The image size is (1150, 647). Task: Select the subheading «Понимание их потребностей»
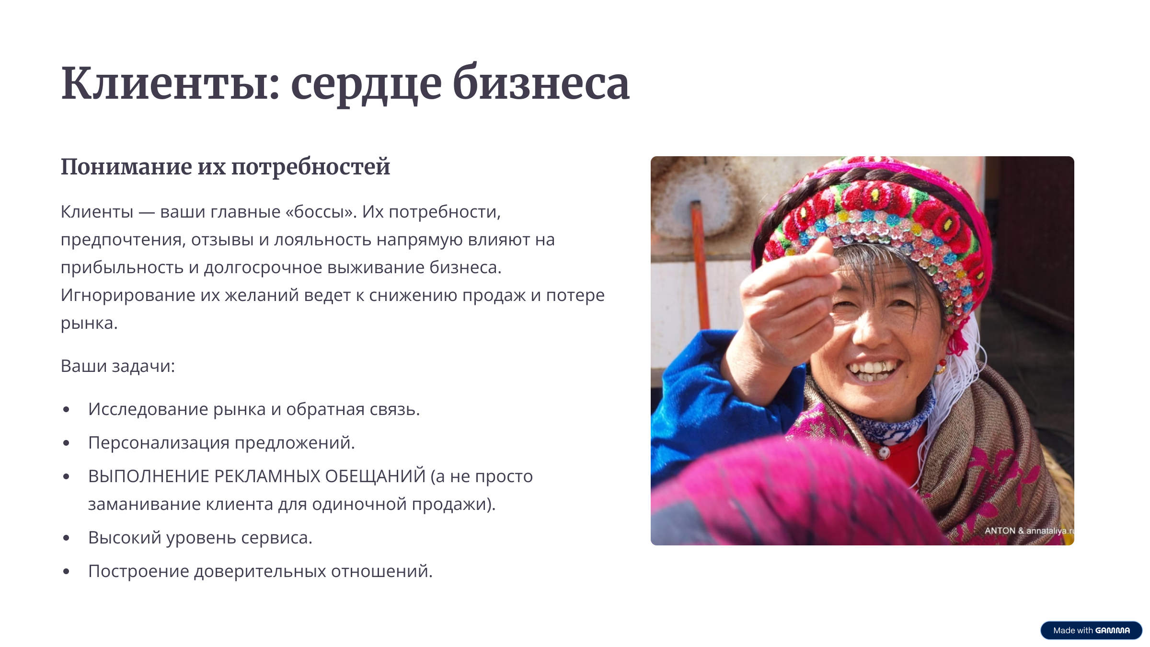(225, 167)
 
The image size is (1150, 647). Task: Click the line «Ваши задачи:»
(118, 366)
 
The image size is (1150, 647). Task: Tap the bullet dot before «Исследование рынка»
(66, 409)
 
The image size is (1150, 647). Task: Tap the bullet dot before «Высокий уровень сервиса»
(66, 538)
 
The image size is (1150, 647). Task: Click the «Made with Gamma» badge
(1091, 630)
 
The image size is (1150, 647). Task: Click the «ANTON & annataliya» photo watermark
(1029, 531)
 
